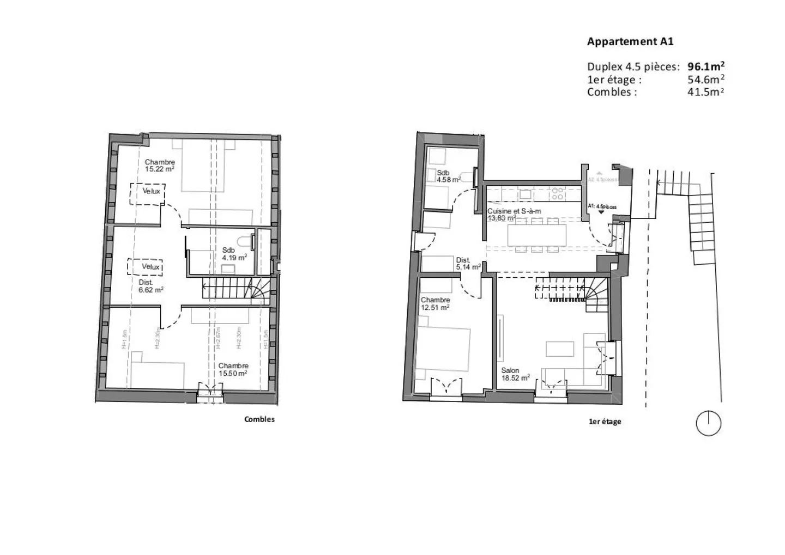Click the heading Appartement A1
pyautogui.click(x=630, y=41)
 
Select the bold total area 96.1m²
pyautogui.click(x=706, y=66)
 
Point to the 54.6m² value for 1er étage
pyautogui.click(x=706, y=80)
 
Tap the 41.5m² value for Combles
pyautogui.click(x=706, y=92)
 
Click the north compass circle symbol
pyautogui.click(x=709, y=423)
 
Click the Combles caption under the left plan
pyautogui.click(x=259, y=419)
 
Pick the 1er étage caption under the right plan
pyautogui.click(x=605, y=422)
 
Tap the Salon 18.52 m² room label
pyautogui.click(x=515, y=374)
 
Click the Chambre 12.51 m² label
pyautogui.click(x=435, y=304)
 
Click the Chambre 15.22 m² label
pyautogui.click(x=160, y=166)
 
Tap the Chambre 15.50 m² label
pyautogui.click(x=233, y=370)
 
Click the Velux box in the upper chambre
pyautogui.click(x=147, y=194)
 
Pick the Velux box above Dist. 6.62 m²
pyautogui.click(x=145, y=267)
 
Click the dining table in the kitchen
pyautogui.click(x=537, y=236)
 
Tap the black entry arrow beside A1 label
pyautogui.click(x=601, y=212)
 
